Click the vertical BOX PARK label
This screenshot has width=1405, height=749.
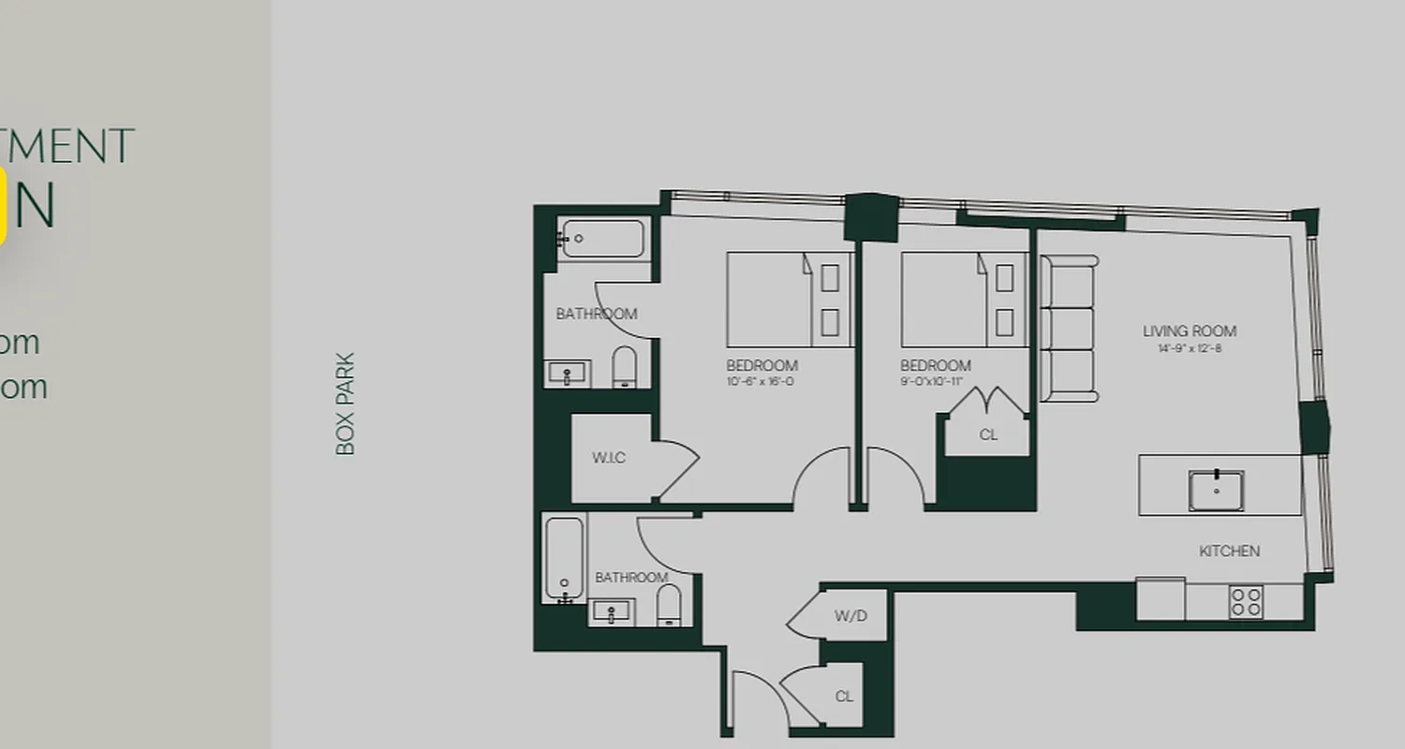click(x=346, y=404)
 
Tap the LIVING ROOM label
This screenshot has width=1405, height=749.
click(x=1189, y=330)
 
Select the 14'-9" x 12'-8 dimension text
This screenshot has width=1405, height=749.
click(x=1189, y=348)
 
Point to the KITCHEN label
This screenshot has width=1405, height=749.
click(x=1229, y=551)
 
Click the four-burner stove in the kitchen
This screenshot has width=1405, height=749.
click(x=1246, y=601)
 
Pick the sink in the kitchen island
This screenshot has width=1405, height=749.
click(x=1216, y=491)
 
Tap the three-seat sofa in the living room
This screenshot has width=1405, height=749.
click(x=1069, y=329)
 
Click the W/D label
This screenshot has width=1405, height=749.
click(x=850, y=616)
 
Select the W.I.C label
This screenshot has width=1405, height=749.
click(x=608, y=458)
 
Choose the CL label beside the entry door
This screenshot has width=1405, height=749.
click(x=844, y=696)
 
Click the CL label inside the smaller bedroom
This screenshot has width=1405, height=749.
click(x=987, y=434)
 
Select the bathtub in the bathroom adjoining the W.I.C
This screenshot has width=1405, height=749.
click(x=600, y=239)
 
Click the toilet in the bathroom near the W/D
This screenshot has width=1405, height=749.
click(x=669, y=606)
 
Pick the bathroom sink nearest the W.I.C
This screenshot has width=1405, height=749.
click(x=567, y=374)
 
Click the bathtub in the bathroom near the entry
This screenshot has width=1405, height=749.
click(x=564, y=559)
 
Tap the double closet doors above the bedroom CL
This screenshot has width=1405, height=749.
click(x=987, y=401)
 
